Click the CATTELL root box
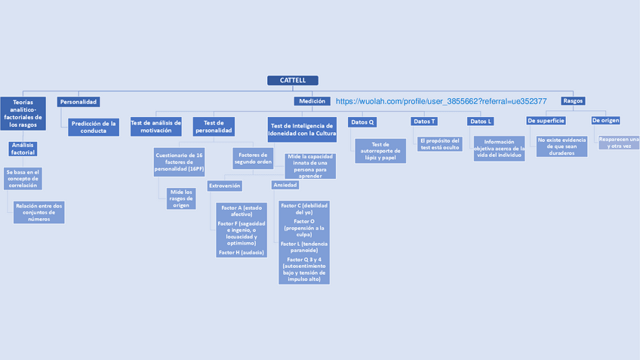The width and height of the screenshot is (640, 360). point(293,81)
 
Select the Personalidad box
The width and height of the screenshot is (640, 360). point(78,101)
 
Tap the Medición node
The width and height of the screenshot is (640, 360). point(312,101)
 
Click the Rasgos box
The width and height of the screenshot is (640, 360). point(573,100)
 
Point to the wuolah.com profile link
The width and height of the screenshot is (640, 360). point(441,101)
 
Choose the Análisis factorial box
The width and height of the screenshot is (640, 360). point(23,149)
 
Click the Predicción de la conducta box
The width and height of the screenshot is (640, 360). point(94,127)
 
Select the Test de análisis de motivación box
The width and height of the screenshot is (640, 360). point(156,127)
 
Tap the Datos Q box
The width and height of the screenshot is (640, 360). point(362,122)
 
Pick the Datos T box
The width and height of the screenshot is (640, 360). point(424,122)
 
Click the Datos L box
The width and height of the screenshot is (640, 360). point(480,122)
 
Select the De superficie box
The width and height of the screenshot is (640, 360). point(546,121)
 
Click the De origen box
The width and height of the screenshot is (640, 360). point(605,121)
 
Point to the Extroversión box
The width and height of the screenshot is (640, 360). point(224,186)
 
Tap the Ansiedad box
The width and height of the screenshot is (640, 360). point(285,185)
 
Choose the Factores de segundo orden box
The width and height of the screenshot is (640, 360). point(253,158)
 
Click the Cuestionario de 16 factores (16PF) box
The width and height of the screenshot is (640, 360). point(179,162)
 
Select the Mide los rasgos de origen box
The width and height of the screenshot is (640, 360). point(181,198)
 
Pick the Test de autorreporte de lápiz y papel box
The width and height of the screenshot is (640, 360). point(380,151)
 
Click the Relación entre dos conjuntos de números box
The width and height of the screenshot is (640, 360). point(38,212)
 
